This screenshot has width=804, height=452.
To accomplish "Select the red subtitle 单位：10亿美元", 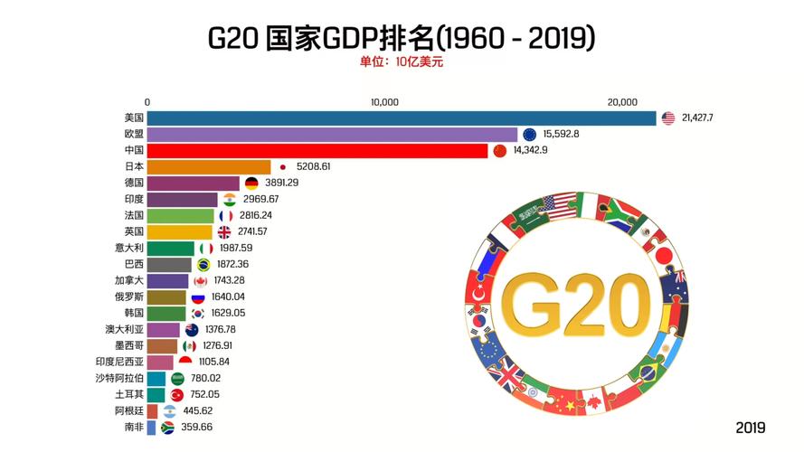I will click(x=401, y=62).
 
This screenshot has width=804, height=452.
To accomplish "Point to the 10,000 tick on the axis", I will click(x=384, y=102).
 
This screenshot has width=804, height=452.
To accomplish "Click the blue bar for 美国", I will click(x=401, y=118).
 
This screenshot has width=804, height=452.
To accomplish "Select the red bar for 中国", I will click(x=317, y=151).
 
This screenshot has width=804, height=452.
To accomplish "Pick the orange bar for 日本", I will click(x=208, y=167).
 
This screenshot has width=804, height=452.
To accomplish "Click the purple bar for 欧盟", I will click(x=332, y=135).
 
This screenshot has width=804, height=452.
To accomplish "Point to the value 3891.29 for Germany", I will click(x=281, y=183).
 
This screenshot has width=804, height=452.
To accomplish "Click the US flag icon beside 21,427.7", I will click(x=668, y=118).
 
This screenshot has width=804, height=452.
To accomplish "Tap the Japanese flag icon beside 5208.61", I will click(x=282, y=167).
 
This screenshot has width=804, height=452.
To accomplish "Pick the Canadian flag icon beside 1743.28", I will click(x=200, y=281).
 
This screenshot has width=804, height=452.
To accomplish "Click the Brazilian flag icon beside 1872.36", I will click(x=203, y=265).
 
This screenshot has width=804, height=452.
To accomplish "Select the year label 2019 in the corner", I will click(x=750, y=428).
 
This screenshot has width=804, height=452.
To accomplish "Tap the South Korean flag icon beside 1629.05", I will click(x=197, y=314).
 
